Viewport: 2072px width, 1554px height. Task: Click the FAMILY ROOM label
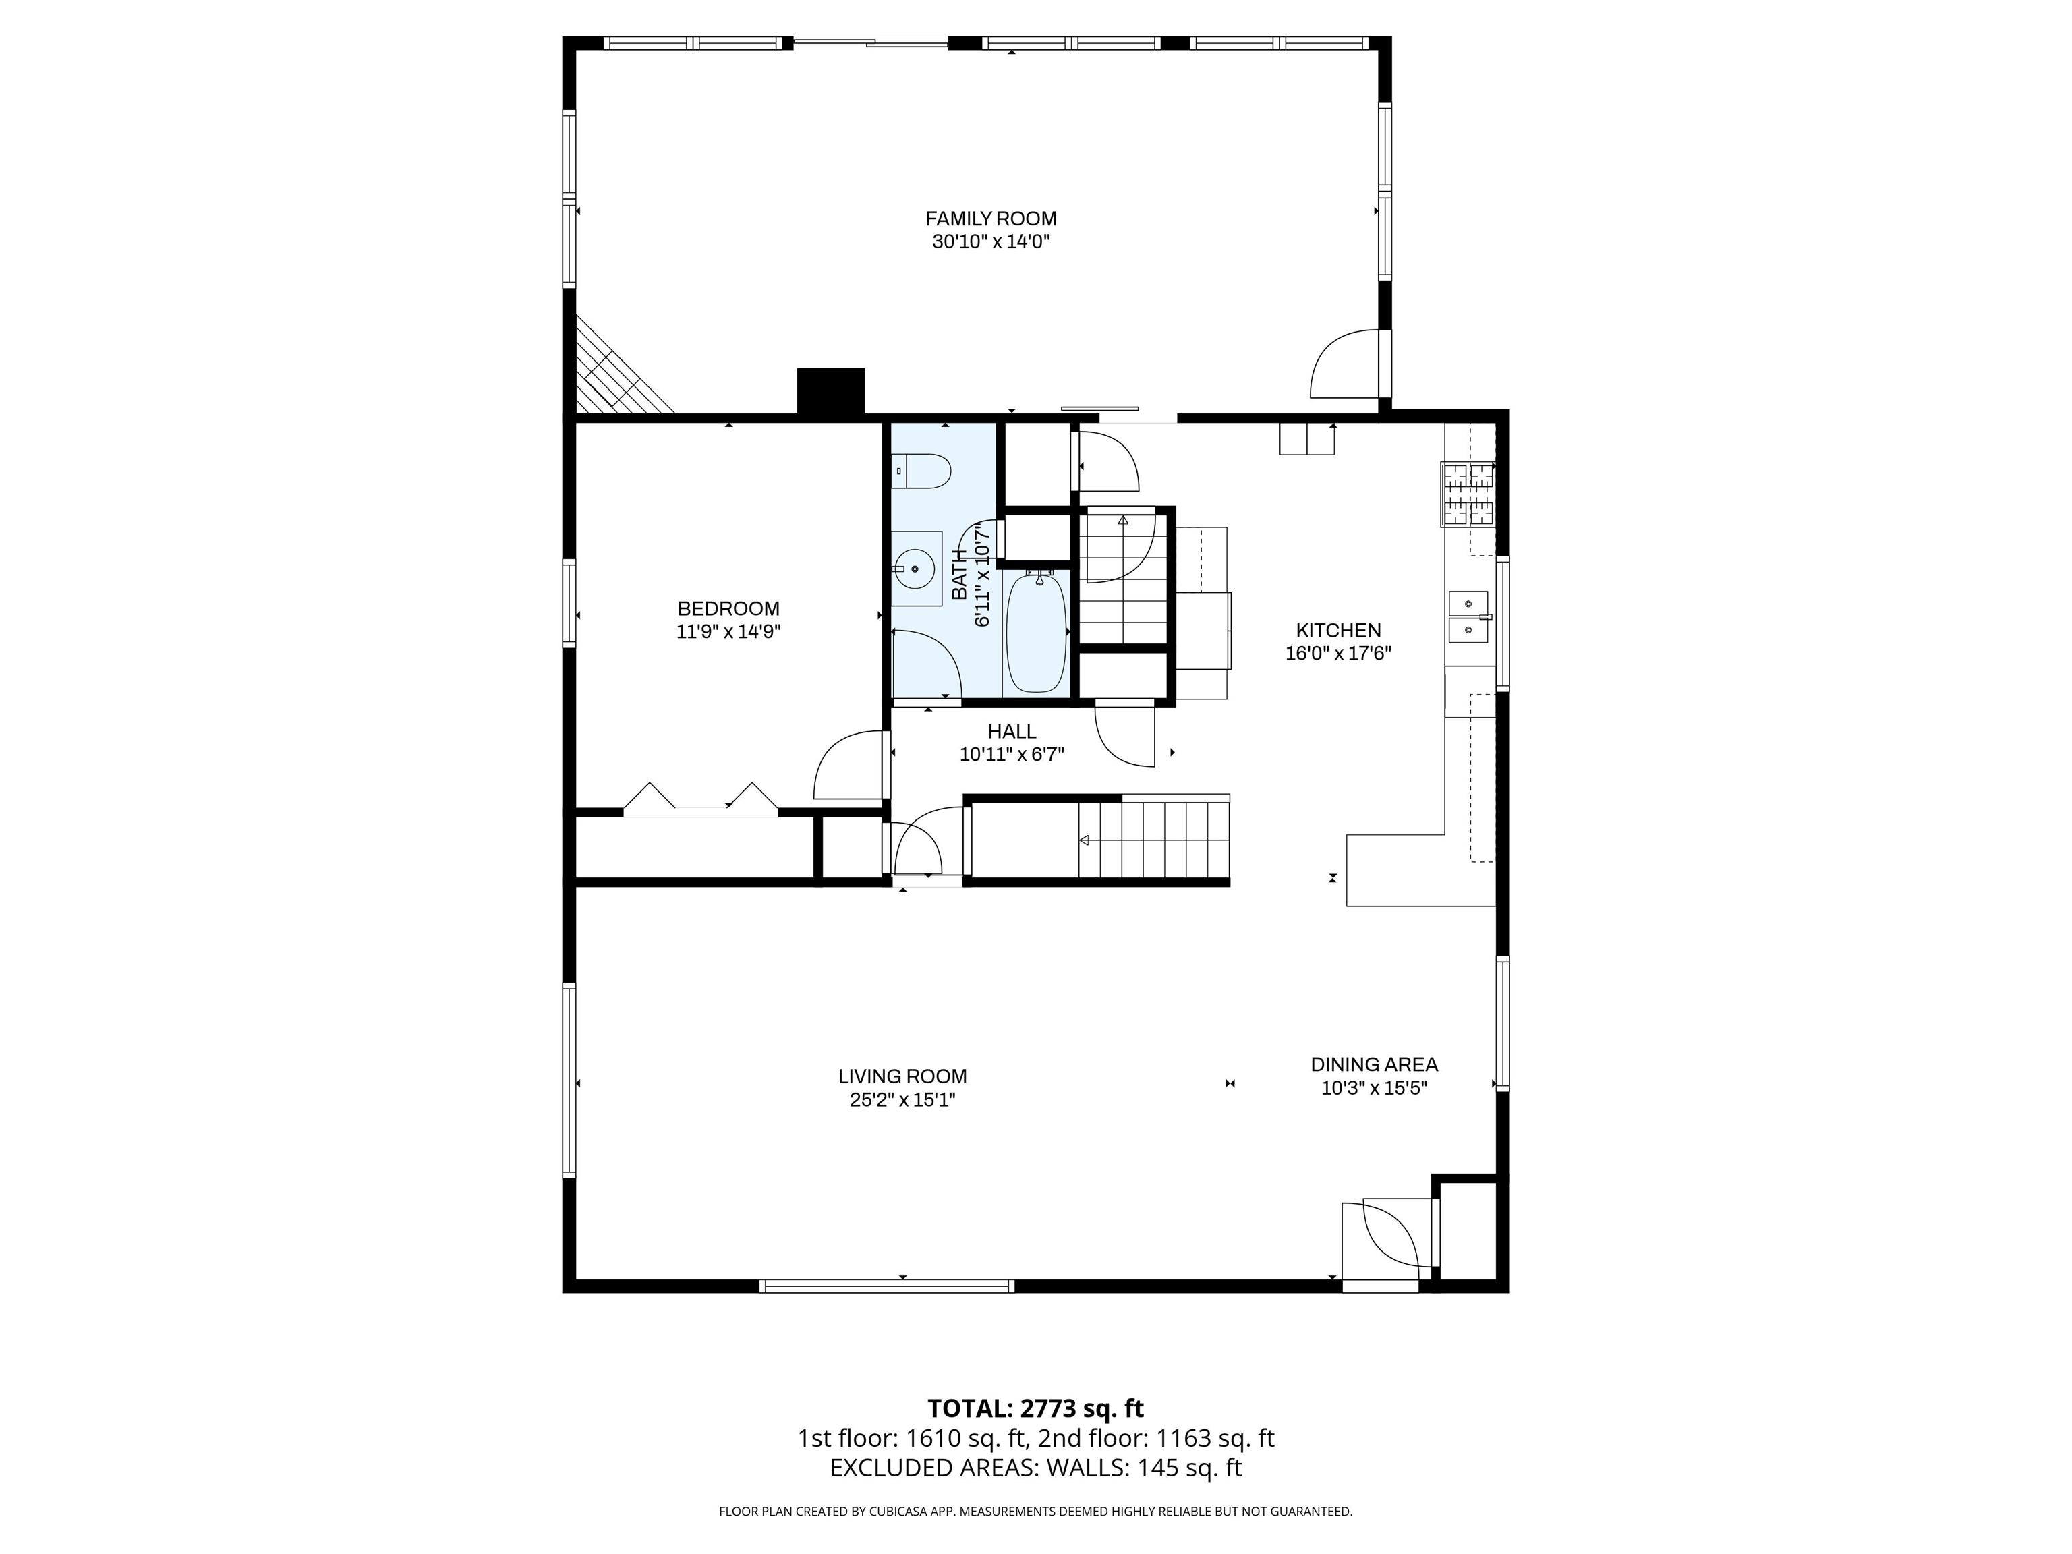[991, 219]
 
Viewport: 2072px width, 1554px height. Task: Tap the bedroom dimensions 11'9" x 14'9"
[728, 631]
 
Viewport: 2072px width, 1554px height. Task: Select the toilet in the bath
[921, 470]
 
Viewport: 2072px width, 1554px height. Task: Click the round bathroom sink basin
[914, 569]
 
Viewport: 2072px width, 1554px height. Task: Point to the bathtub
[1036, 632]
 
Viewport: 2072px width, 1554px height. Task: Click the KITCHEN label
[1339, 631]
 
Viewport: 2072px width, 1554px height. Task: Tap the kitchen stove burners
[1468, 494]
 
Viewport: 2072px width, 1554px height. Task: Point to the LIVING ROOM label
[902, 1077]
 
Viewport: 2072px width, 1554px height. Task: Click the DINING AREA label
[1374, 1064]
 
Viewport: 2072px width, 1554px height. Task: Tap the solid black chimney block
[830, 392]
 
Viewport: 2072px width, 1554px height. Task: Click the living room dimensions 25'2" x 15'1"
[902, 1099]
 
